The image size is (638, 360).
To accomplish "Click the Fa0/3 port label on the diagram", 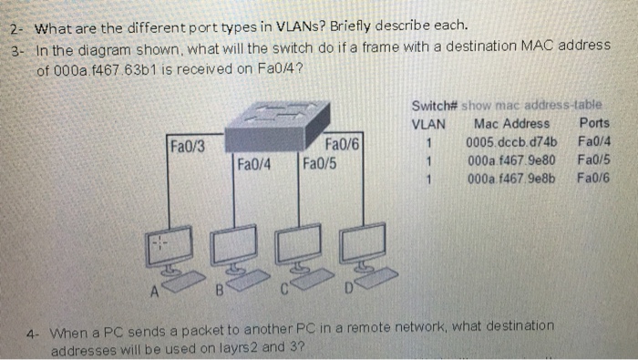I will coord(188,144).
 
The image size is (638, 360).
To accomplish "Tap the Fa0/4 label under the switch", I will coord(255,164).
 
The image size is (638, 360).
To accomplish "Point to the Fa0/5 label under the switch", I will coord(319,164).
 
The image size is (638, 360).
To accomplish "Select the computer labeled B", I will coord(229,252).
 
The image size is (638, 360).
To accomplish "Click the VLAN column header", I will coord(429,123).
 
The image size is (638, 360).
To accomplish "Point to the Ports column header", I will coord(594,123).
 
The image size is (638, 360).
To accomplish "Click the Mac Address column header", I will coord(512,123).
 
